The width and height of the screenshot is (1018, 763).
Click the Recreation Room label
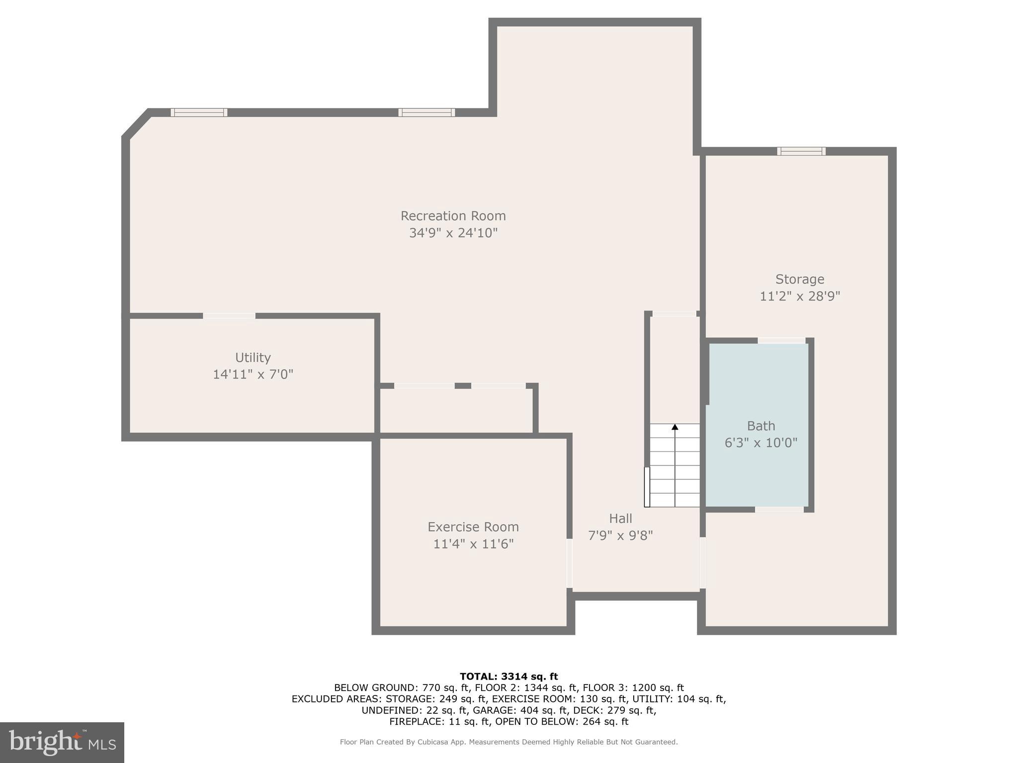coord(453,216)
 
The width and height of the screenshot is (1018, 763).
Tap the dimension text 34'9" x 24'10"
coord(453,233)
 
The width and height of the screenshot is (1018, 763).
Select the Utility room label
coord(253,358)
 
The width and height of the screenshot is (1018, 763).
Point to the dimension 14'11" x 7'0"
coord(253,375)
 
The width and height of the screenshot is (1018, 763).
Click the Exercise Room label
coord(473,527)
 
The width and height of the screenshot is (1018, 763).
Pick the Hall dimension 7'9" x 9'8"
coord(620,535)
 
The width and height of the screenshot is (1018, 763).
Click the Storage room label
coord(799,279)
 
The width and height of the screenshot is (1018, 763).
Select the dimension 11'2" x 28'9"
coord(799,297)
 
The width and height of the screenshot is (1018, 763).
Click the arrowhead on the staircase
coord(675,427)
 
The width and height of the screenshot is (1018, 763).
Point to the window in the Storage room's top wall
coord(801,151)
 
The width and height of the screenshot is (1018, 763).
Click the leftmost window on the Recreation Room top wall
coord(199,112)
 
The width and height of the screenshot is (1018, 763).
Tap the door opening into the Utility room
coord(229,316)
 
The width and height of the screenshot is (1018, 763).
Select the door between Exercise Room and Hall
coord(570,563)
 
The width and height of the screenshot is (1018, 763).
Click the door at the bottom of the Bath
coord(779,509)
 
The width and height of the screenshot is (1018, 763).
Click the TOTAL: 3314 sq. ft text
coord(509,676)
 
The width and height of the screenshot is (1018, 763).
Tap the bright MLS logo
coord(62,742)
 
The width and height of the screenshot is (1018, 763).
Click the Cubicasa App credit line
coord(509,742)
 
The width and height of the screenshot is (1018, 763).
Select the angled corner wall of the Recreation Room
coord(136,123)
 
